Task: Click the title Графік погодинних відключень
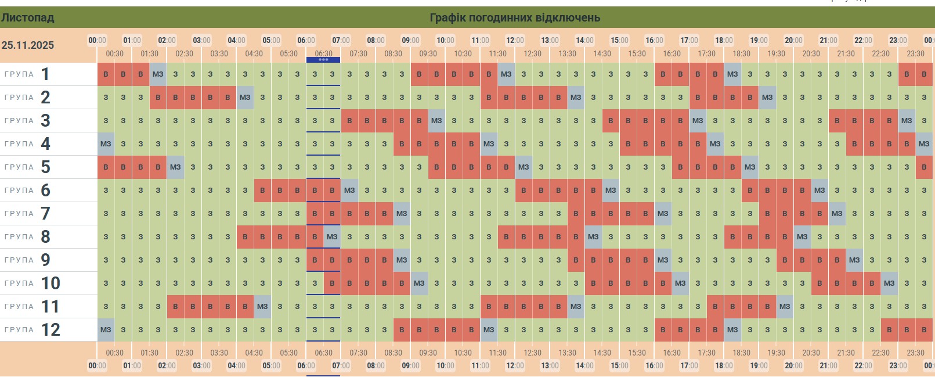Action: tap(514, 17)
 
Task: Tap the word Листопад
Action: tap(27, 17)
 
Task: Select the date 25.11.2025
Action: tap(28, 45)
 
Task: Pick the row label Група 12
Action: tap(32, 330)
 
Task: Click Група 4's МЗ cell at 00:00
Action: tap(106, 144)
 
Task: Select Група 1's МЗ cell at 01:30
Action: tap(158, 74)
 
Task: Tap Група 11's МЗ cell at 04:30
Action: tap(262, 307)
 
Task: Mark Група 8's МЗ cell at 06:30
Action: tap(332, 237)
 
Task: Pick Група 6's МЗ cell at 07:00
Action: tap(349, 191)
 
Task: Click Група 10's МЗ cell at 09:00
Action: tap(419, 283)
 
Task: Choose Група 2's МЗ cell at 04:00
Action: tap(245, 98)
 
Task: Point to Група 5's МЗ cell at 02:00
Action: tap(175, 167)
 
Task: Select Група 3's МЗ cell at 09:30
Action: tap(436, 121)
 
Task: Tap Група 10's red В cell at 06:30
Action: tap(332, 283)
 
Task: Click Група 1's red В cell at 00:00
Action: tap(106, 74)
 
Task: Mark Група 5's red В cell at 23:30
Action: tap(924, 167)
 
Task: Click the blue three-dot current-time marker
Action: tap(323, 59)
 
